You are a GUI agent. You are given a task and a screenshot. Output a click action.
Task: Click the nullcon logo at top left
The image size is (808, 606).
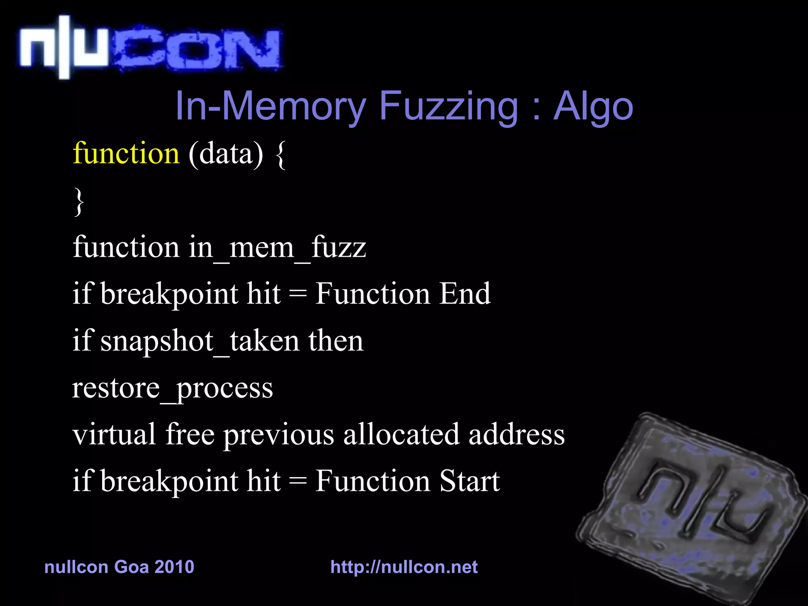150,47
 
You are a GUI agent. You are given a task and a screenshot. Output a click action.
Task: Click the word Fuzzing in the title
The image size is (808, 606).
448,107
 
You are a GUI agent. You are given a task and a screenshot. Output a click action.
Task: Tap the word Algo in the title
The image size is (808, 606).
593,107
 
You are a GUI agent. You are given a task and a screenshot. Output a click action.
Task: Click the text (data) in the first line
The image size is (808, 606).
226,154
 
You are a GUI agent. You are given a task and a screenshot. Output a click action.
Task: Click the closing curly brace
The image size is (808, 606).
79,201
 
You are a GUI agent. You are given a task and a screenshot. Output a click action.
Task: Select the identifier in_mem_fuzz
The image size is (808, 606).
277,248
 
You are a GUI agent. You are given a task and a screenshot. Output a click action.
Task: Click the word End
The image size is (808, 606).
465,294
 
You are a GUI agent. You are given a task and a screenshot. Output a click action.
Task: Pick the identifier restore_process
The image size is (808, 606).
172,389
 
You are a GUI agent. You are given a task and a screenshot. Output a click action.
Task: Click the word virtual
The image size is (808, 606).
114,434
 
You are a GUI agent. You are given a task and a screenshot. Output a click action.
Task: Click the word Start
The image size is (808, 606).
469,481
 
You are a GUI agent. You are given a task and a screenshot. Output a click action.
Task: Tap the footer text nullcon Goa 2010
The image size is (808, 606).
119,567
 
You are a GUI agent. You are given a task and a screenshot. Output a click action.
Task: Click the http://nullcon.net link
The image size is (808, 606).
404,567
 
